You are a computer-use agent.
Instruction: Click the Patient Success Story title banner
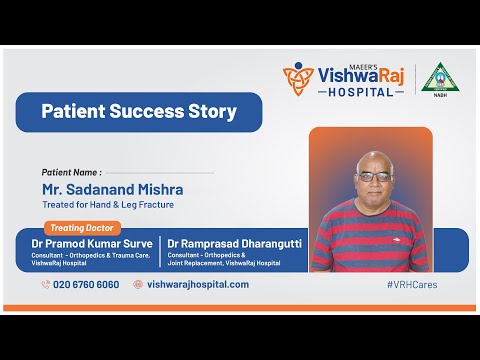(x=139, y=112)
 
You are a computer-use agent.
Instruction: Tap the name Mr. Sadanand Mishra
(x=113, y=189)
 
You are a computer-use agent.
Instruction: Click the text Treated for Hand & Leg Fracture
(x=108, y=206)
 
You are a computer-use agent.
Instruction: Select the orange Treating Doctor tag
(x=81, y=227)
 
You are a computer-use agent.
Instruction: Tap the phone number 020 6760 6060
(x=87, y=284)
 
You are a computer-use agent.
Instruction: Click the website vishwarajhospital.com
(x=198, y=284)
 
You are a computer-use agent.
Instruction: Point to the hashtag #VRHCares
(x=411, y=284)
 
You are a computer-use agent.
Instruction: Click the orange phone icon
(x=46, y=284)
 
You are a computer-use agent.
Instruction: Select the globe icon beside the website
(x=138, y=284)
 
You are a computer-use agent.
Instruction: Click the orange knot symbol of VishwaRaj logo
(x=297, y=79)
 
